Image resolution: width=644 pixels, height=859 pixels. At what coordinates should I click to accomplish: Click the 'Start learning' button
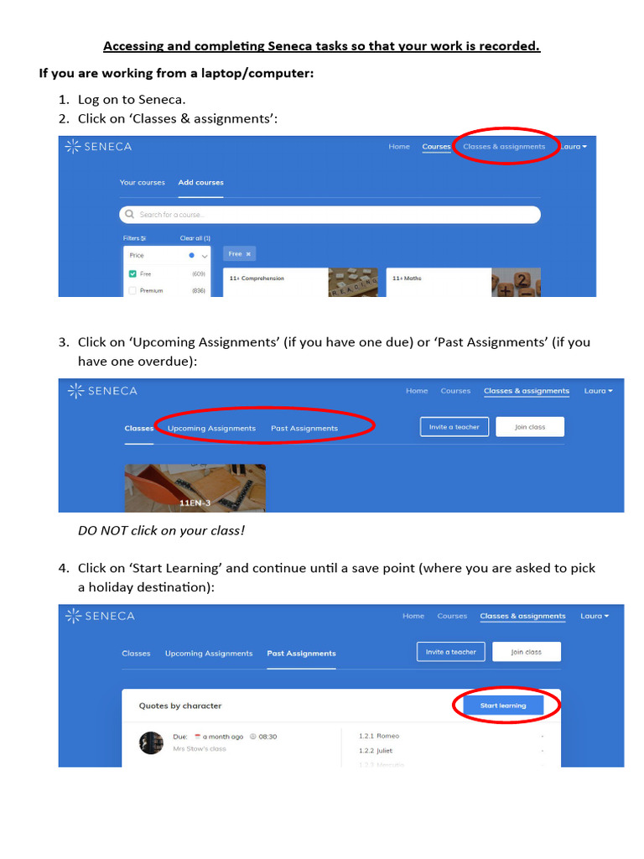(503, 705)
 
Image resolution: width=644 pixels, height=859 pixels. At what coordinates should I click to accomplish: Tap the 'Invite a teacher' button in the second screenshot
(454, 427)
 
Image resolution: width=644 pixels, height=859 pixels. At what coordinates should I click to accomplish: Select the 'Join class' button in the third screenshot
(526, 652)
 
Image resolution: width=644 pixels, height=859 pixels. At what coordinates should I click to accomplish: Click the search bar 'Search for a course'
(330, 215)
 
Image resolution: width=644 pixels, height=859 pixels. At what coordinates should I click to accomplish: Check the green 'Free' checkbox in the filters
(132, 273)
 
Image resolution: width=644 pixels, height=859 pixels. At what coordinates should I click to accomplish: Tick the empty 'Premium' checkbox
(132, 290)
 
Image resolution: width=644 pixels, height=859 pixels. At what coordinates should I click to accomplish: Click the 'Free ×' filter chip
(240, 253)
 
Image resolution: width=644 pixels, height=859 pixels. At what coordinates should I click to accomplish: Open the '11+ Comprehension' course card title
(257, 278)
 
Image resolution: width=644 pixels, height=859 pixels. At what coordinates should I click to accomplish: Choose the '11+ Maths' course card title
(408, 278)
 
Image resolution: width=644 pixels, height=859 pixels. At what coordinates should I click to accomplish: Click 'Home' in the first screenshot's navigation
(399, 147)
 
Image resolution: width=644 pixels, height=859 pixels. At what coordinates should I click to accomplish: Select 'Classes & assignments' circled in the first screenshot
(503, 147)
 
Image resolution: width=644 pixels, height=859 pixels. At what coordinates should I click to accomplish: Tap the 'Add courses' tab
(200, 182)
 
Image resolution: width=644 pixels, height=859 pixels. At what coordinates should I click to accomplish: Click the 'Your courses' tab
(143, 182)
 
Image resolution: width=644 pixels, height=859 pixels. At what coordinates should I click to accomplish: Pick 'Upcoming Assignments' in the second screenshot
(211, 428)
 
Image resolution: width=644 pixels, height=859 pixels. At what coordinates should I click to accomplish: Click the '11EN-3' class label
(195, 502)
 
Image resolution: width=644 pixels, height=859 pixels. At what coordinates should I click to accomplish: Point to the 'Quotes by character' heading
(180, 705)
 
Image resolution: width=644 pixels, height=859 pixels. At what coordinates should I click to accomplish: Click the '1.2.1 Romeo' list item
(379, 736)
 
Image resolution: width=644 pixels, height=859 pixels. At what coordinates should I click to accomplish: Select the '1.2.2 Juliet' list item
(376, 751)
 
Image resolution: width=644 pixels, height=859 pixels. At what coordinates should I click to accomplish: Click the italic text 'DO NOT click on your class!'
(161, 530)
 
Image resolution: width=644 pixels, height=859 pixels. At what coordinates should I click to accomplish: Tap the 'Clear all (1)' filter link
(195, 238)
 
